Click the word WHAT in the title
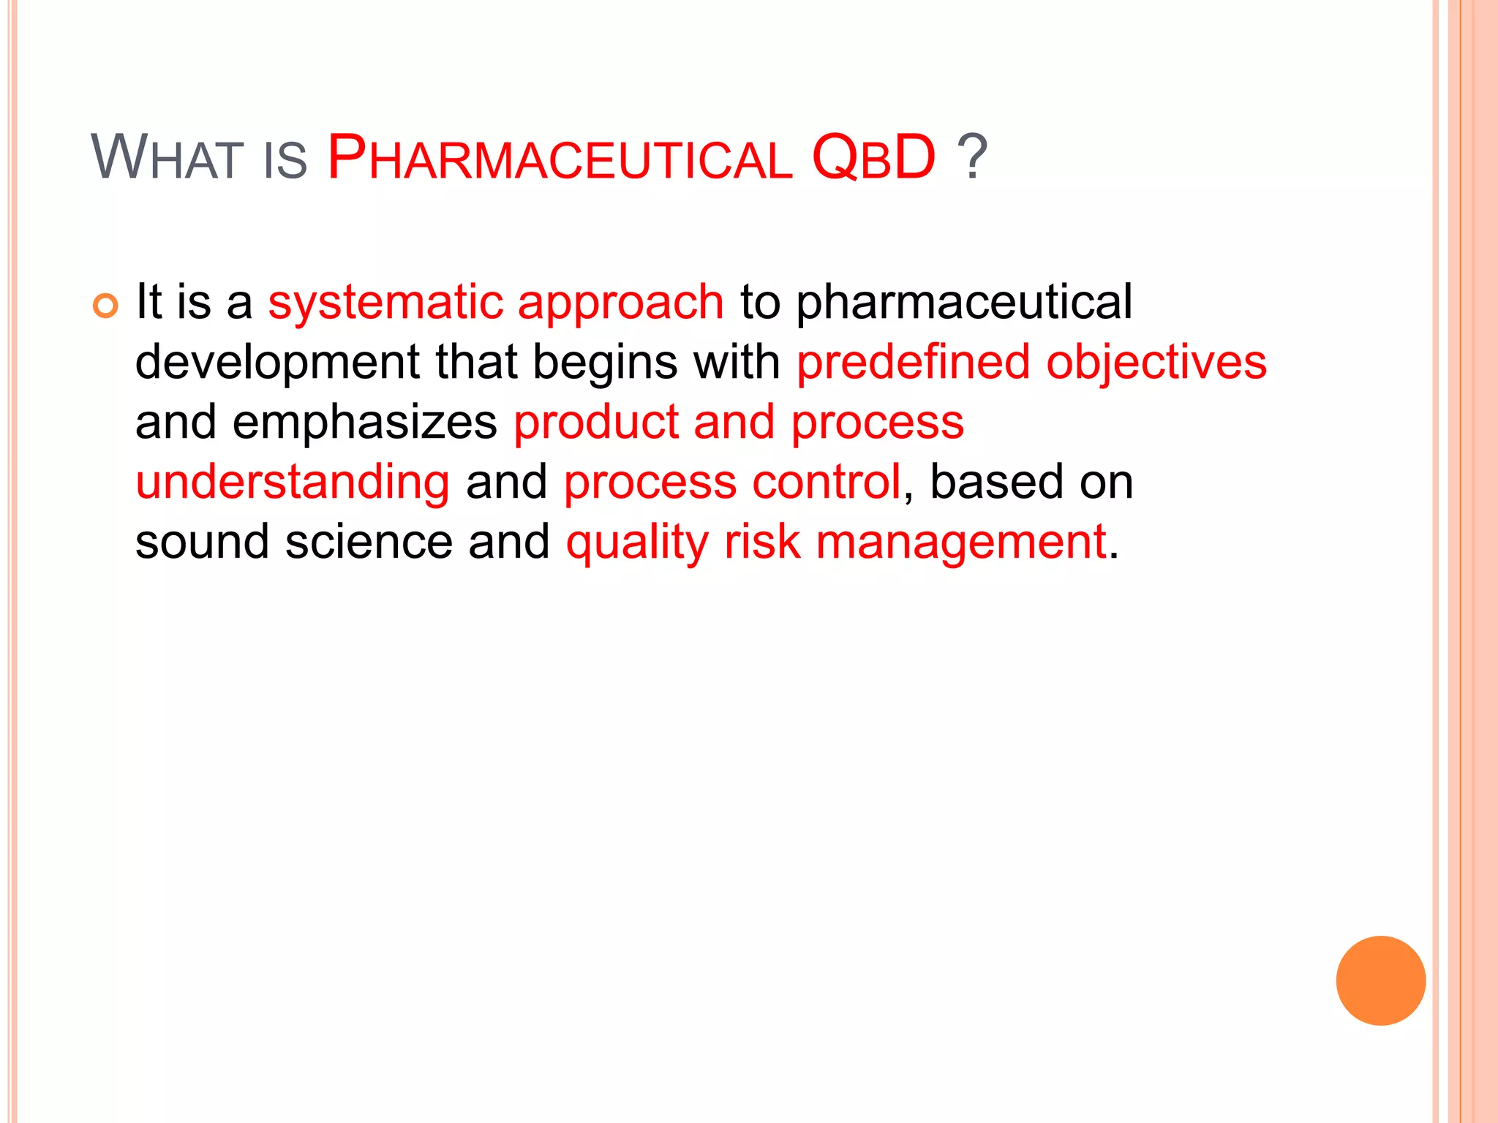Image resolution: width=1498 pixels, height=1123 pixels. click(167, 158)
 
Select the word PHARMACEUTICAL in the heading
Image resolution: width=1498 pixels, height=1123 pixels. click(560, 158)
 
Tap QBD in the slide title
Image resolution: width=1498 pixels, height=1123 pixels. click(873, 158)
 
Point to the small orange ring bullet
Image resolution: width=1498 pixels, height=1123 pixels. click(105, 306)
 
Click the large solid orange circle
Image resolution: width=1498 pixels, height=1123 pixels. click(1380, 980)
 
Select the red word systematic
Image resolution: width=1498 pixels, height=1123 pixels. click(385, 302)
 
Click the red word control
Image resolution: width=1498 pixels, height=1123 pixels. click(827, 483)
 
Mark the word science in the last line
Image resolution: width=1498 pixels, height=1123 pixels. click(369, 542)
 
